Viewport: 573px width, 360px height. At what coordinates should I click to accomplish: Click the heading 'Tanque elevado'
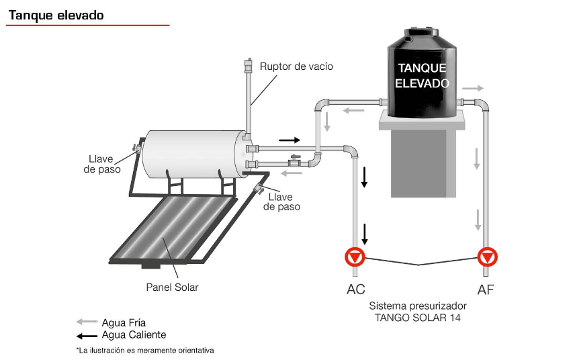coord(56,15)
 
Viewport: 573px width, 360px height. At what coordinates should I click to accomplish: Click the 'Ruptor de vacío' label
coord(296,66)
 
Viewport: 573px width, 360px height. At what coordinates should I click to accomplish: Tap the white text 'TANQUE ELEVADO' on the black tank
coord(422,76)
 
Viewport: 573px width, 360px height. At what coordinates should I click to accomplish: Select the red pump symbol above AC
coord(355,257)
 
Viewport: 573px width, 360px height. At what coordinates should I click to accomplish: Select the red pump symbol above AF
coord(486,257)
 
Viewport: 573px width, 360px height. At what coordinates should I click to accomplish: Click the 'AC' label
coord(355,290)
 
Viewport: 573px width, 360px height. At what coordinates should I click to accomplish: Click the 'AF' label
coord(486,290)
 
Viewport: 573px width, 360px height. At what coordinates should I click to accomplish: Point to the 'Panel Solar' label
coord(172,287)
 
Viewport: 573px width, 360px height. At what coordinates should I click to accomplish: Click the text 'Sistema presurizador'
coord(418,306)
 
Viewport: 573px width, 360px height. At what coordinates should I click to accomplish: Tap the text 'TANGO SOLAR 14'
coord(418,317)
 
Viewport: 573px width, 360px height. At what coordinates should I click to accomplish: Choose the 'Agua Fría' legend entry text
coord(124,322)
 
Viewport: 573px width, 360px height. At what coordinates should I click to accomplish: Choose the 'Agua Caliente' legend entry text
coord(134,334)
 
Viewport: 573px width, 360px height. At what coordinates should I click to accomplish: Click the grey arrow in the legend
coord(87,322)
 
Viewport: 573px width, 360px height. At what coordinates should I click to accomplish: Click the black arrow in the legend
coord(87,334)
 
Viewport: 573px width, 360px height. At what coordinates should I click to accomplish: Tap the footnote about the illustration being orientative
coord(145,351)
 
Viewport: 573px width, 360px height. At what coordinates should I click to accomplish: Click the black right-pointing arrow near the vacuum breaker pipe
coord(290,140)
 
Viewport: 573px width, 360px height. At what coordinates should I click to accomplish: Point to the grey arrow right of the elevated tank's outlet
coord(472,88)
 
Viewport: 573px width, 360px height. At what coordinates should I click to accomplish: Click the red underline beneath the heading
coord(88,26)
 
